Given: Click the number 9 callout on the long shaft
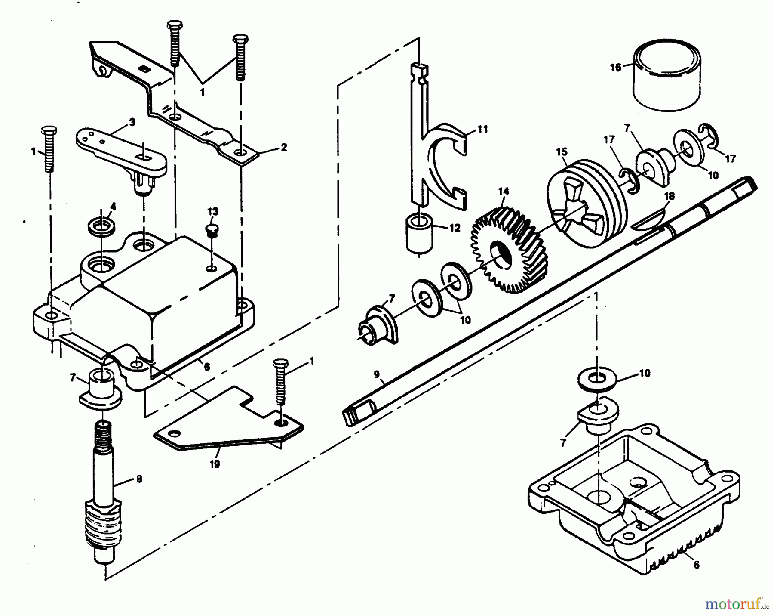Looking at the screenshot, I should pyautogui.click(x=377, y=375).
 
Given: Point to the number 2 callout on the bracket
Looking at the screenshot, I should pyautogui.click(x=283, y=148).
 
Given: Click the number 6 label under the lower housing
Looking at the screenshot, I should pyautogui.click(x=696, y=565).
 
